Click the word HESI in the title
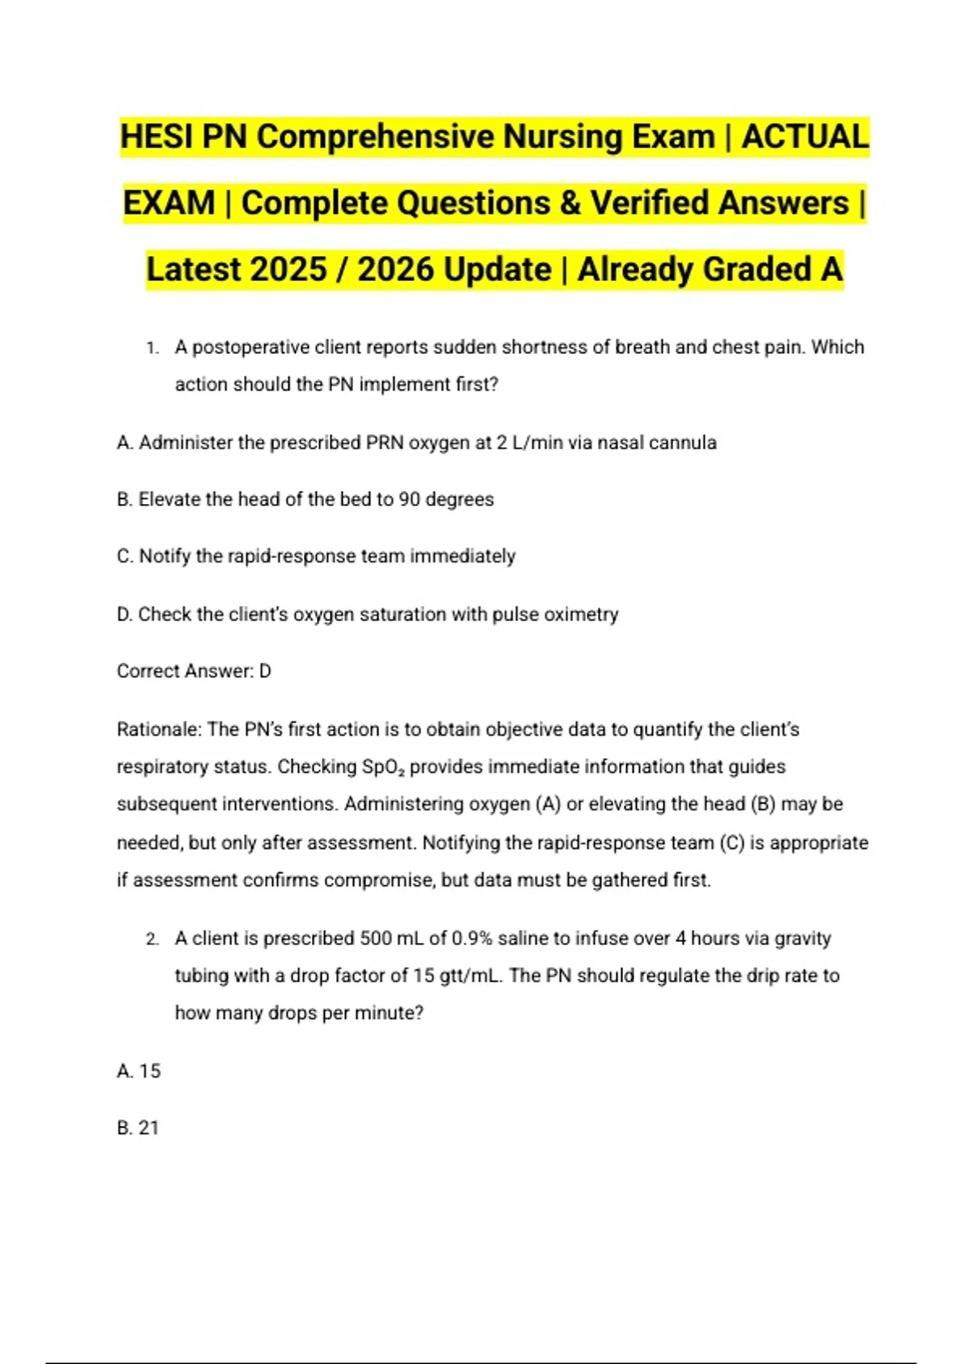[x=156, y=136]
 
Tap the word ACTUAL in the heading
[x=804, y=136]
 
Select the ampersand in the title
[x=570, y=203]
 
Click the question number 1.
[x=152, y=348]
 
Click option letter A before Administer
[x=124, y=443]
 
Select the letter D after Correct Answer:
[x=265, y=672]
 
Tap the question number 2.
[x=152, y=939]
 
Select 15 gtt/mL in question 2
[x=457, y=976]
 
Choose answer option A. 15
[x=139, y=1071]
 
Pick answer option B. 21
[x=138, y=1128]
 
